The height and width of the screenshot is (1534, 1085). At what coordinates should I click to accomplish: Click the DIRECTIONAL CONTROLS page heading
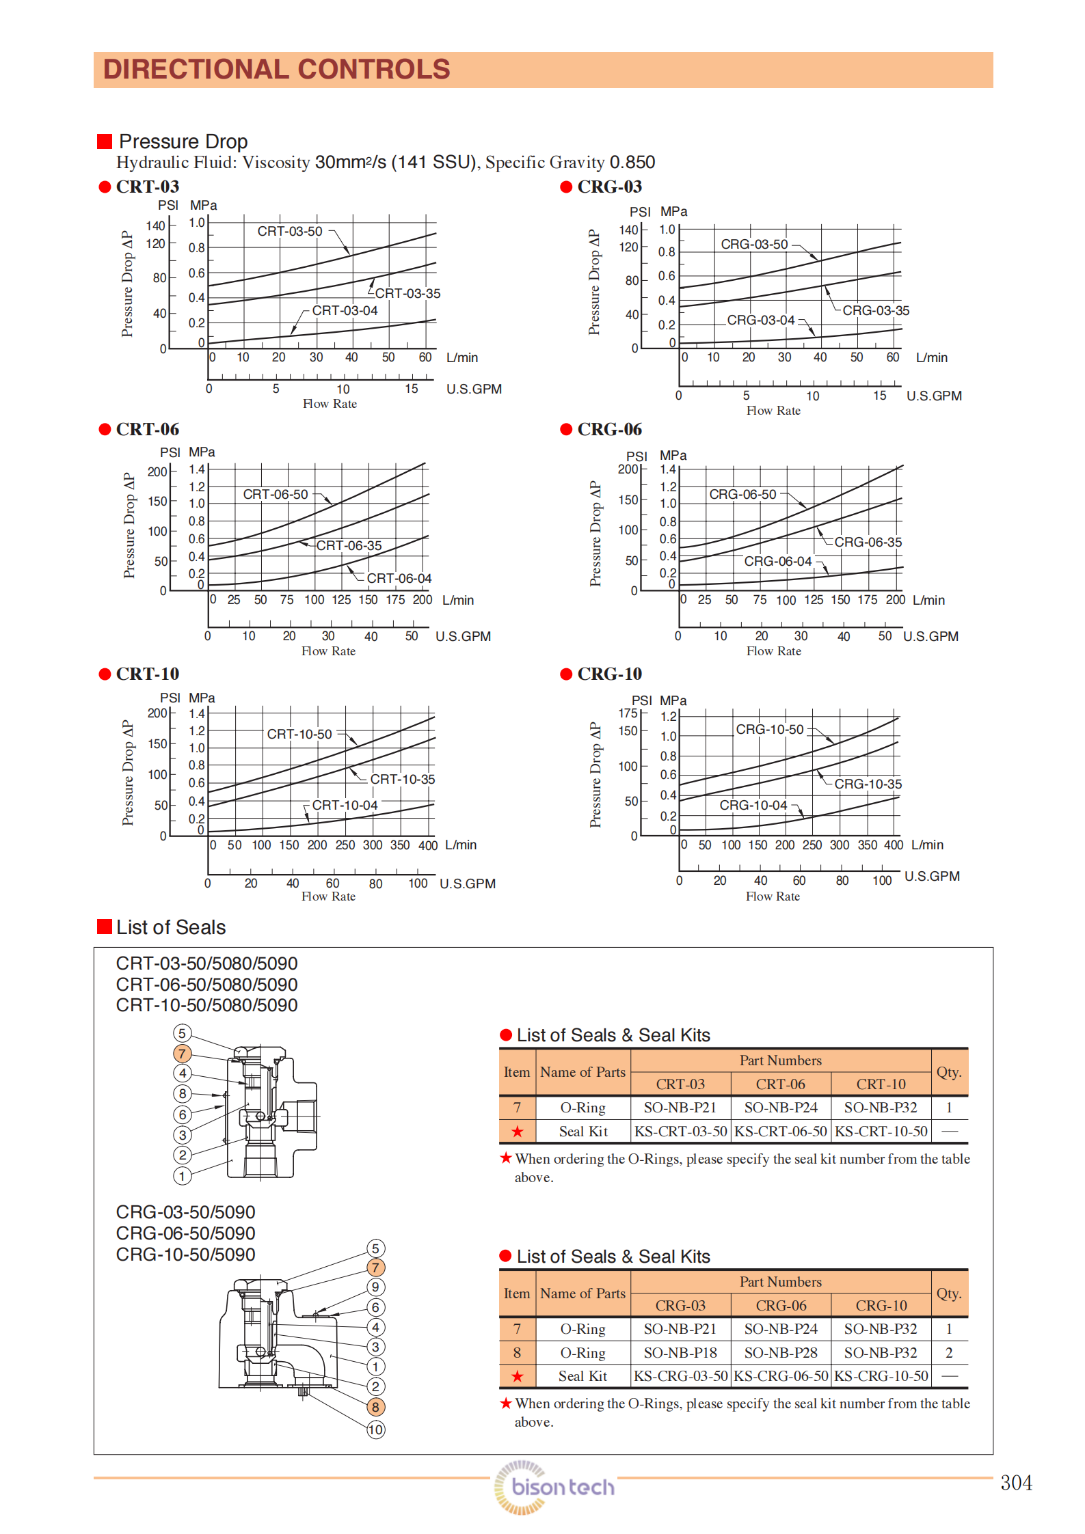click(x=276, y=70)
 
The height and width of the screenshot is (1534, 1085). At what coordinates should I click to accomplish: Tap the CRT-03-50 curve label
click(x=289, y=232)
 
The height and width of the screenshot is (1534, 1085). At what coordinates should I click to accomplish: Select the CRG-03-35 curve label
click(x=875, y=311)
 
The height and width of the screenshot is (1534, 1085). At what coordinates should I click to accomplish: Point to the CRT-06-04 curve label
click(x=399, y=579)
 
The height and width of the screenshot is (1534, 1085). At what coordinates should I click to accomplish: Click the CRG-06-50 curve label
click(x=742, y=495)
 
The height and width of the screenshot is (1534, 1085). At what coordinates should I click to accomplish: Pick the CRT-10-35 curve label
click(x=402, y=780)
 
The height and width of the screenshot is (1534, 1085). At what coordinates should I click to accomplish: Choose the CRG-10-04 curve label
click(x=753, y=806)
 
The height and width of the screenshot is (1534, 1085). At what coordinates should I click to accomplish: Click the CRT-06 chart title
click(x=147, y=430)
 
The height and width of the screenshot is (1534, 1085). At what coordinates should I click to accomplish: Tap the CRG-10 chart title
click(x=609, y=674)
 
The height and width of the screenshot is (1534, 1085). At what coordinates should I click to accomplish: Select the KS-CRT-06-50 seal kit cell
click(x=780, y=1132)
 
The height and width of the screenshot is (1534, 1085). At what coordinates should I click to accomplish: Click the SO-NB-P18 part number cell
click(x=680, y=1353)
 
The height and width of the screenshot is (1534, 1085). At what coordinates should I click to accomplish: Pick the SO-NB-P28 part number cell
click(x=780, y=1353)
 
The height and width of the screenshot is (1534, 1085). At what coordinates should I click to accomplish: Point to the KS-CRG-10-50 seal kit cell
click(x=881, y=1376)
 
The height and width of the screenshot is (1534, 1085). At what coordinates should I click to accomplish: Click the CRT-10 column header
click(x=881, y=1084)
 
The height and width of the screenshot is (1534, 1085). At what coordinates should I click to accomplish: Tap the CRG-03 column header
click(x=680, y=1306)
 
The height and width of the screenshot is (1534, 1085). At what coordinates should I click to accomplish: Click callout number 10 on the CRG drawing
click(x=376, y=1429)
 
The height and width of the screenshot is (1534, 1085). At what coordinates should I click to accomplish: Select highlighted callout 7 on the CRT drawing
click(x=182, y=1054)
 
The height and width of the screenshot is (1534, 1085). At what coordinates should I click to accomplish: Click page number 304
click(x=1016, y=1483)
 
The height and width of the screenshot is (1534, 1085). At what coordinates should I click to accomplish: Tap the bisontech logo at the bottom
click(x=555, y=1487)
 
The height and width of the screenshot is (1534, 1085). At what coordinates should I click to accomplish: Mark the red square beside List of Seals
click(x=105, y=927)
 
